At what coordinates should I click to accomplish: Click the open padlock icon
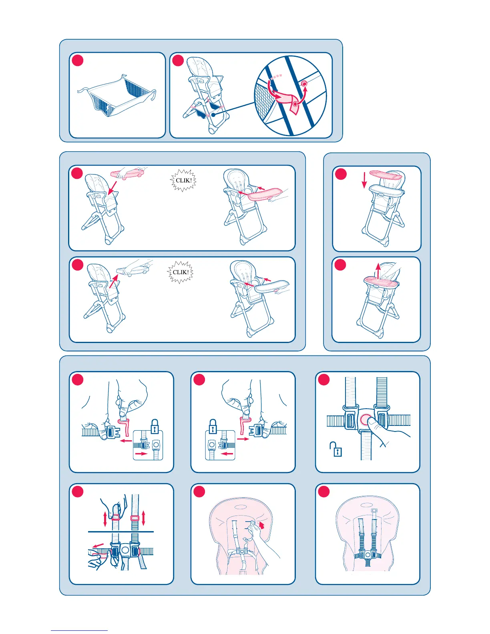pos(336,449)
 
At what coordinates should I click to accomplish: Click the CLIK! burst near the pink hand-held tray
pos(183,180)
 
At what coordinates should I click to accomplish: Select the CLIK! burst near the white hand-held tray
pos(180,272)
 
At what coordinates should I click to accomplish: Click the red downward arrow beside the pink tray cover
pos(364,180)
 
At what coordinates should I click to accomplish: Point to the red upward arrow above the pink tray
pos(378,271)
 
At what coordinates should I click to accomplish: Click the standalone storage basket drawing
pos(117,95)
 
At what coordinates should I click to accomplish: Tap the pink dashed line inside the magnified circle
pos(275,77)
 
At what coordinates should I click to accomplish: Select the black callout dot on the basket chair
pos(213,115)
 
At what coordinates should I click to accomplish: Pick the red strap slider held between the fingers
pos(116,517)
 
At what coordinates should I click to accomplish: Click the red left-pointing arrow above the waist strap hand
pos(98,545)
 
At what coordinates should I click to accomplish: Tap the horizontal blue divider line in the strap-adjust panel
pos(121,532)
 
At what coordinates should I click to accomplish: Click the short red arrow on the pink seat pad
pos(262,525)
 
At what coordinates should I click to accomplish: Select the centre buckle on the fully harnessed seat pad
pos(368,554)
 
